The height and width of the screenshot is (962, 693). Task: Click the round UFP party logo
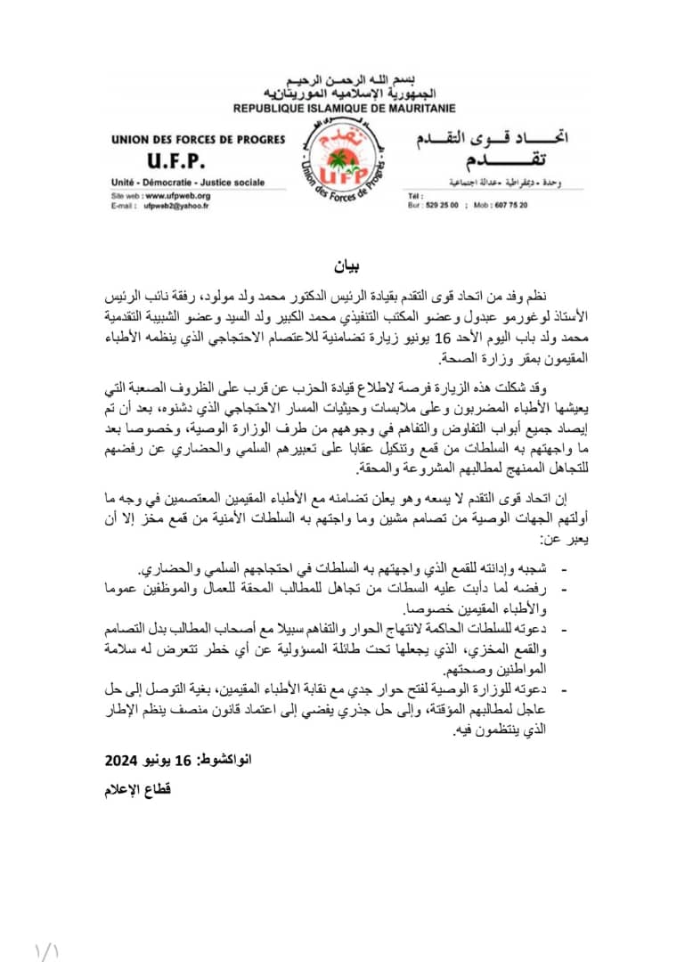pyautogui.click(x=344, y=165)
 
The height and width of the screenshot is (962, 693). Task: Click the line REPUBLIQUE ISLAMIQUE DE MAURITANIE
pyautogui.click(x=344, y=107)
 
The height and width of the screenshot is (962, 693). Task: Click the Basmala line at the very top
pyautogui.click(x=345, y=82)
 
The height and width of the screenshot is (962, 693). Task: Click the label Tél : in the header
pyautogui.click(x=414, y=195)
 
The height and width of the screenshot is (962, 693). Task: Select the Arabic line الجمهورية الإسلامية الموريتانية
pyautogui.click(x=345, y=94)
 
